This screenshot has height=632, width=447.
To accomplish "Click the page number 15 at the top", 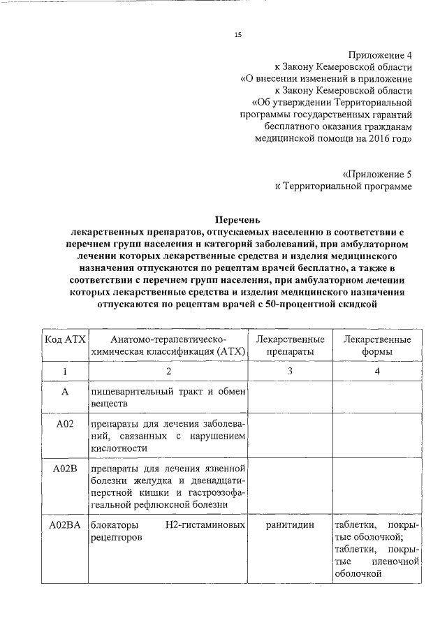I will (x=237, y=35).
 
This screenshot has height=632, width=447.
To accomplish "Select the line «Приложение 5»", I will (x=378, y=172).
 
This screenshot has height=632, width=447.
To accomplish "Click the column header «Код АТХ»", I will (x=64, y=339).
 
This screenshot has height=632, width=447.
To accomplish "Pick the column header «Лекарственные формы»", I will (x=376, y=346).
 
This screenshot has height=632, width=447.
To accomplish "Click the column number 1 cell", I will (x=64, y=371).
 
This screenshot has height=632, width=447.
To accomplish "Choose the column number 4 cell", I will (x=376, y=371).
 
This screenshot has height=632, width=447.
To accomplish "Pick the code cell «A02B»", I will (x=64, y=467).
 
